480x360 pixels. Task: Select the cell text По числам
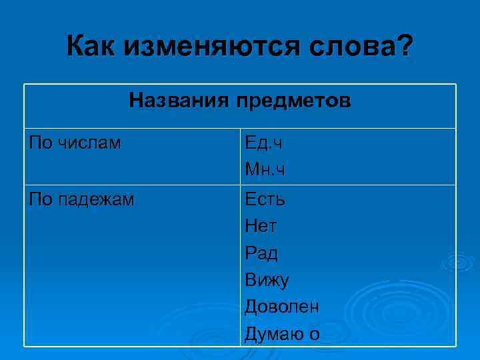click(x=75, y=143)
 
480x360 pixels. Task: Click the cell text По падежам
click(x=82, y=199)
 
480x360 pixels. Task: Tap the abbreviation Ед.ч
click(x=264, y=143)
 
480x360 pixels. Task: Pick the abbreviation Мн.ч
click(x=265, y=170)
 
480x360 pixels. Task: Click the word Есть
click(x=265, y=199)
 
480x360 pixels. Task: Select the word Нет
click(x=261, y=226)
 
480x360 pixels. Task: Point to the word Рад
click(x=261, y=253)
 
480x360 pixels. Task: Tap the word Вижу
click(x=267, y=280)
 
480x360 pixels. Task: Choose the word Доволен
click(x=281, y=307)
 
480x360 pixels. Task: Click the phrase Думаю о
click(x=281, y=333)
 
